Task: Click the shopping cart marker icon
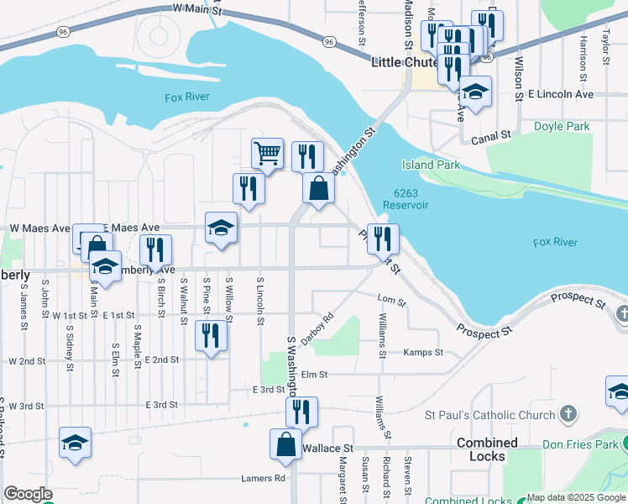point(267,154)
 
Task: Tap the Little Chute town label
point(405,62)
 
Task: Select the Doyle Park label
point(562,127)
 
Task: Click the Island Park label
point(431,165)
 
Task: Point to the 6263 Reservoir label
point(406,199)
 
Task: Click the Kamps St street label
point(423,353)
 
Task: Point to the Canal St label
point(491,135)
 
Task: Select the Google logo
point(28,494)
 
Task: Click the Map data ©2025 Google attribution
point(575,497)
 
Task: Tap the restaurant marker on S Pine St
point(211,335)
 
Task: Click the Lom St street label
point(392,300)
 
